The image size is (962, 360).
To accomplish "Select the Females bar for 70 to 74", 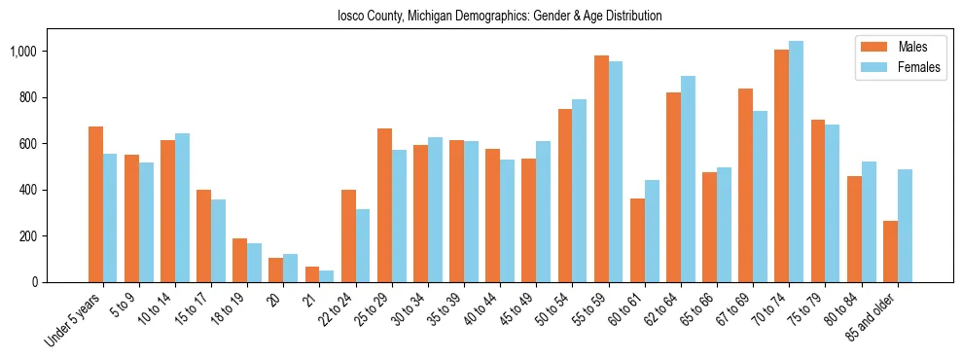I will coord(797,162).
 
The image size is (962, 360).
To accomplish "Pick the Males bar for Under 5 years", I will coord(95,204).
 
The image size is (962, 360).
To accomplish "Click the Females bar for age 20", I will coord(291,269).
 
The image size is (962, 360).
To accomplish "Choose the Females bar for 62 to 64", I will coord(688,179).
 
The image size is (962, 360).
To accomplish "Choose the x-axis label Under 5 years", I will coord(73,321).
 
